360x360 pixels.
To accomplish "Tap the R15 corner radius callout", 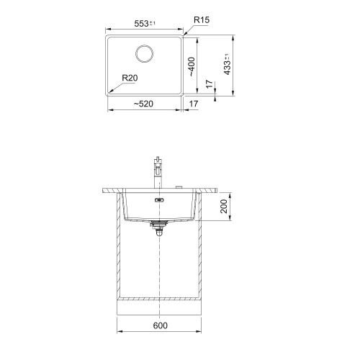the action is (202, 19).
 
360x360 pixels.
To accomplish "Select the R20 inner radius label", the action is (130, 78).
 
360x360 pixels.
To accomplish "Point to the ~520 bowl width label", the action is (143, 104).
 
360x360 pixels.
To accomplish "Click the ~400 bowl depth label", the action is (192, 67).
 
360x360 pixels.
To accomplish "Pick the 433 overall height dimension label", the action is (227, 65).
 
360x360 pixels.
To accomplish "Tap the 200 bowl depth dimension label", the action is (224, 206).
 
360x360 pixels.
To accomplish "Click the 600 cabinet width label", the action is (160, 325).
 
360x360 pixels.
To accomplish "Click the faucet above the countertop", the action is (158, 172).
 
